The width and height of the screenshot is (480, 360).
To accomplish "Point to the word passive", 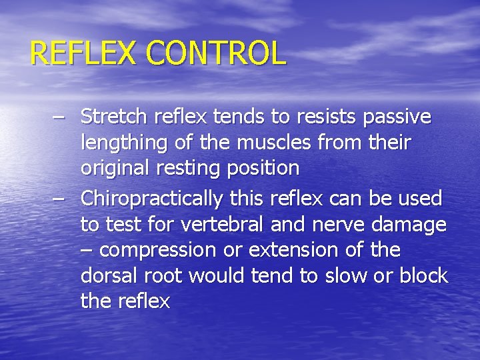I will tap(397, 118).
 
